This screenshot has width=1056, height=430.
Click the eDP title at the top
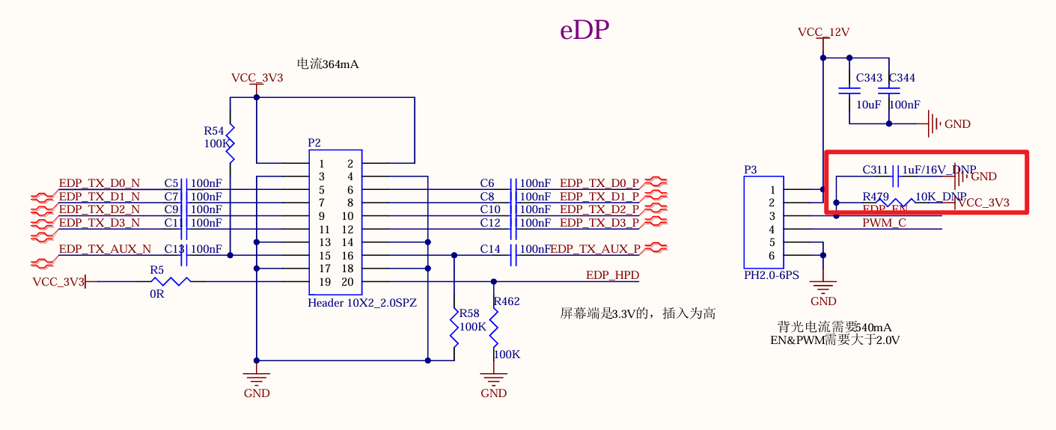[585, 30]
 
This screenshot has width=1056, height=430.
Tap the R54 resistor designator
[214, 130]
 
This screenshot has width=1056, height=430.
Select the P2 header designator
[314, 142]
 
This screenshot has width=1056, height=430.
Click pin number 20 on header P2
[347, 282]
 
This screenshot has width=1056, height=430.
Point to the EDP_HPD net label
[612, 275]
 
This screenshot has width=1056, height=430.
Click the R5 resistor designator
[156, 269]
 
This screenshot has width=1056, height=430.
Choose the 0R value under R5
[156, 294]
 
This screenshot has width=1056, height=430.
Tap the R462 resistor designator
[506, 301]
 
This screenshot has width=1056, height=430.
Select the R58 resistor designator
[469, 313]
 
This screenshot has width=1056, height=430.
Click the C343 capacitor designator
[869, 78]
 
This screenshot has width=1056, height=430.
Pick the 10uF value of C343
[868, 105]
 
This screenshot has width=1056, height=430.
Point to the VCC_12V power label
[823, 32]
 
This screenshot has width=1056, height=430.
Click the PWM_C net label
[884, 222]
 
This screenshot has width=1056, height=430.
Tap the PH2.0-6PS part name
[771, 275]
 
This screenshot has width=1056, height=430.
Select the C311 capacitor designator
[875, 170]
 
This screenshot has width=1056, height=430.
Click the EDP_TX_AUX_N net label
[105, 249]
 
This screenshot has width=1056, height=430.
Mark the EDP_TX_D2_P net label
[599, 209]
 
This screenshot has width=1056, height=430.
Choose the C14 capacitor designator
[490, 249]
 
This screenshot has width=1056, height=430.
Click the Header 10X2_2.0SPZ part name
[362, 303]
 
